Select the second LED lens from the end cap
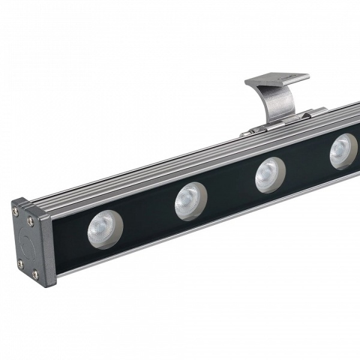click(190, 200)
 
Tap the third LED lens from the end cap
click(269, 174)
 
